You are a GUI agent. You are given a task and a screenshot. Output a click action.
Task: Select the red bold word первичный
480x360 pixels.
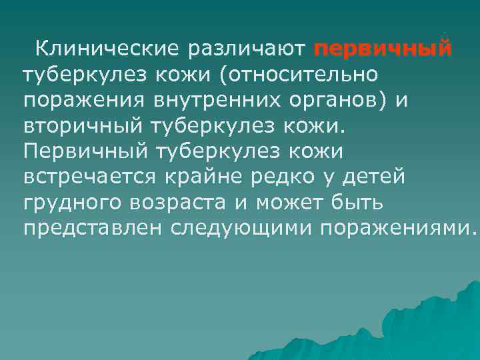(x=383, y=49)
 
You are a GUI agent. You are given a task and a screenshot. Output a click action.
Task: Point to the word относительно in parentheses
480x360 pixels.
(x=303, y=74)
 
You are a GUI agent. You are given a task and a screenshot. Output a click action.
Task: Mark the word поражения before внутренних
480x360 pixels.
(x=85, y=100)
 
